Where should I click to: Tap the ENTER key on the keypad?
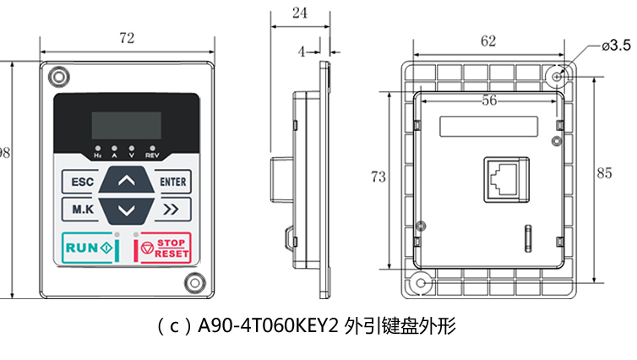tap(173, 182)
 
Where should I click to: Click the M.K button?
tap(81, 209)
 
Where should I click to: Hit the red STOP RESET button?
tap(165, 248)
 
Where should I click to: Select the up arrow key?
tap(127, 181)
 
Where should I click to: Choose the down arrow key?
tap(127, 209)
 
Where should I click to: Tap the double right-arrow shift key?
tap(172, 209)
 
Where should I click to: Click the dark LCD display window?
tap(126, 125)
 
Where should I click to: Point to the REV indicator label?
tap(152, 156)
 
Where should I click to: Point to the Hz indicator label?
tap(98, 156)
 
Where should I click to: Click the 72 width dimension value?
tap(127, 38)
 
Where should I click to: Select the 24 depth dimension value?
tap(298, 13)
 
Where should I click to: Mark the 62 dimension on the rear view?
tap(487, 41)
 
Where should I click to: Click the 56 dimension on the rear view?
tap(487, 100)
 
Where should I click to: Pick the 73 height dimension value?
tap(378, 177)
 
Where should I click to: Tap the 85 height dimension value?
tap(604, 172)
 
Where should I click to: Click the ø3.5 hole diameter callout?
tap(615, 45)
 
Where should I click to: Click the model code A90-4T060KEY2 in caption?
tap(268, 325)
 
